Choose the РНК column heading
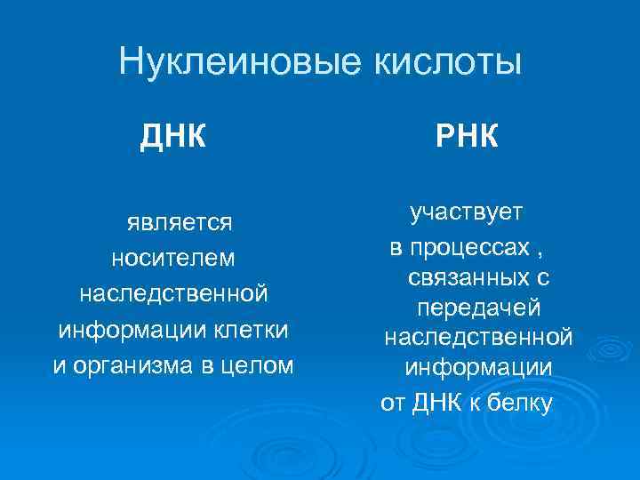point(468,138)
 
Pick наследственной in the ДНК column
point(173,293)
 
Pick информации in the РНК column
point(478,368)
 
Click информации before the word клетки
point(130,330)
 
